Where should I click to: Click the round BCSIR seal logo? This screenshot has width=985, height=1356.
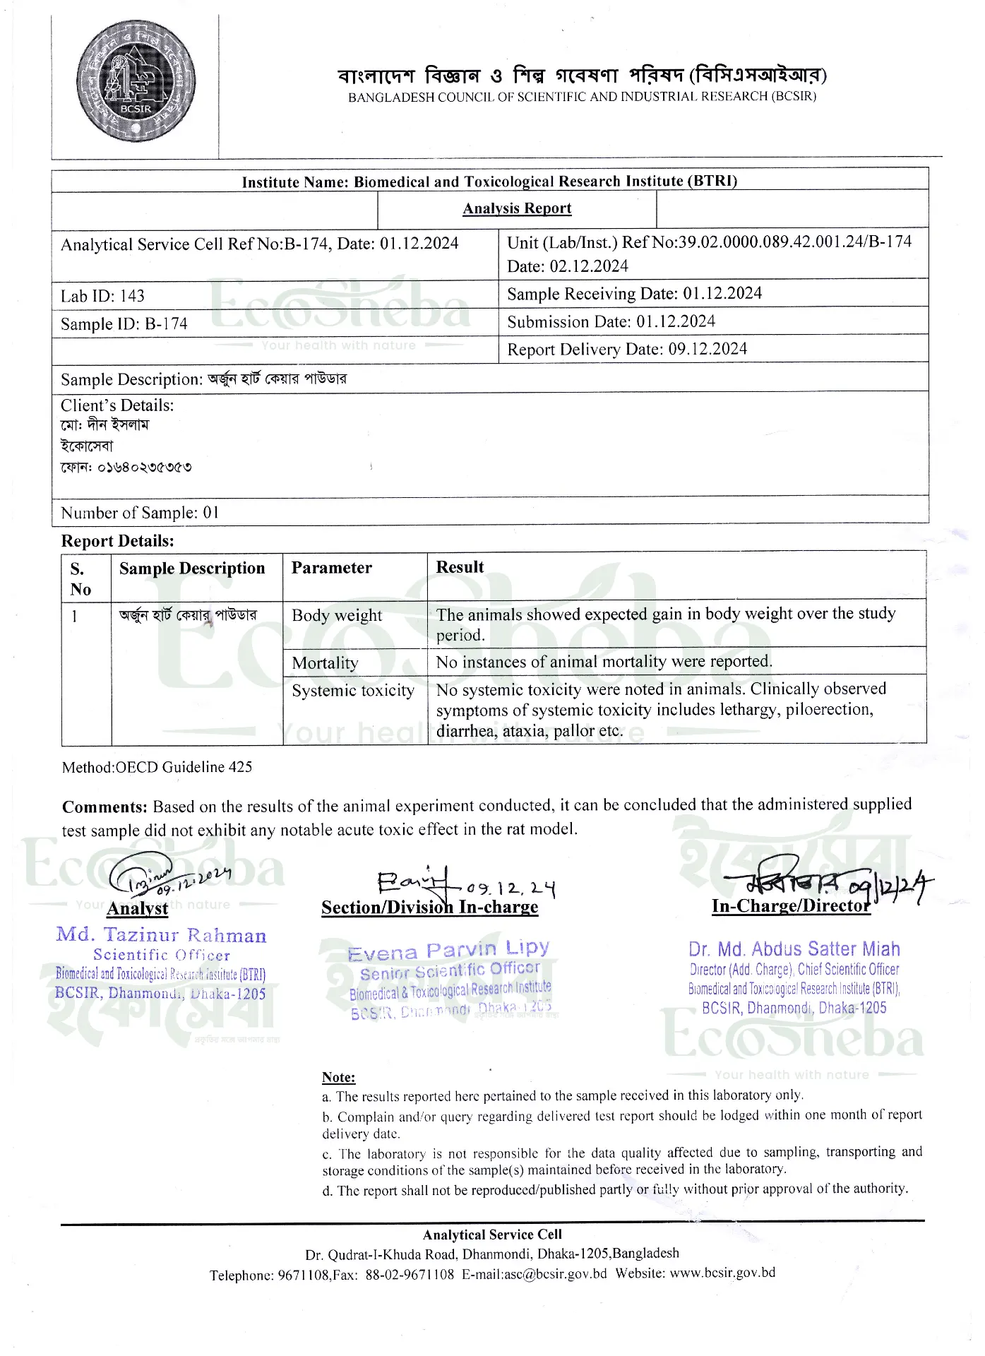pyautogui.click(x=136, y=81)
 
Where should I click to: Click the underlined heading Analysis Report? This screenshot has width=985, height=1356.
pyautogui.click(x=517, y=208)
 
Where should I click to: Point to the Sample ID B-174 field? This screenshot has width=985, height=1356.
pyautogui.click(x=124, y=324)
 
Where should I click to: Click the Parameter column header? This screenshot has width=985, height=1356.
pyautogui.click(x=331, y=568)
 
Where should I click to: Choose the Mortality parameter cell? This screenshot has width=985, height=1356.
pyautogui.click(x=325, y=662)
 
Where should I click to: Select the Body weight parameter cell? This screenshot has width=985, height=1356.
pyautogui.click(x=337, y=615)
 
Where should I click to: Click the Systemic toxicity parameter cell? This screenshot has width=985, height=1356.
pyautogui.click(x=353, y=690)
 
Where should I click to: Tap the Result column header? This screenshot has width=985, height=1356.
pyautogui.click(x=460, y=567)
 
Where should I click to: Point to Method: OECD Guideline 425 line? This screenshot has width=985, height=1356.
pyautogui.click(x=157, y=767)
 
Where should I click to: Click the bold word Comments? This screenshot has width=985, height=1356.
pyautogui.click(x=105, y=807)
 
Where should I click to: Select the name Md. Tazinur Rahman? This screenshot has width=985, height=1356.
pyautogui.click(x=161, y=935)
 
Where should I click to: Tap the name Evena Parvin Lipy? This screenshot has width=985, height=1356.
pyautogui.click(x=448, y=951)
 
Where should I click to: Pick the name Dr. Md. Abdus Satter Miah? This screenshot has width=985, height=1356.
pyautogui.click(x=794, y=949)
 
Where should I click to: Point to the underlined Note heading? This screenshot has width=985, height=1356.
pyautogui.click(x=338, y=1077)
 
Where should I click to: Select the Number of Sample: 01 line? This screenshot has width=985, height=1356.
pyautogui.click(x=140, y=513)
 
